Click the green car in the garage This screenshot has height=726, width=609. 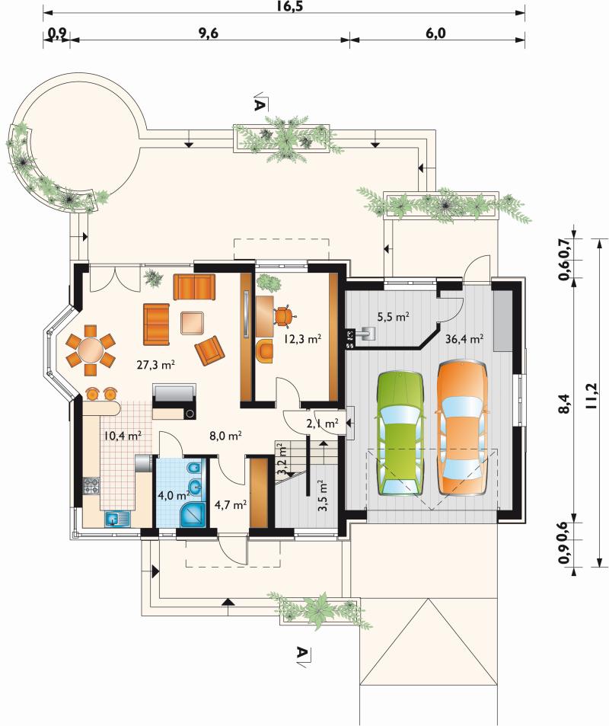point(400,433)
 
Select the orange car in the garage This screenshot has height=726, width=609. point(462,427)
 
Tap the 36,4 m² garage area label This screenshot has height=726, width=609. point(464,339)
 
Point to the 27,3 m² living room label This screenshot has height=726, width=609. point(155,365)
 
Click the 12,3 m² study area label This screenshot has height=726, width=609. point(302,339)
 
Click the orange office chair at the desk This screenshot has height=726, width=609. point(283,316)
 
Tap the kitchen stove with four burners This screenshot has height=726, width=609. point(91,486)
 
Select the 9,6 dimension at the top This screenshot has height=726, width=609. point(209,34)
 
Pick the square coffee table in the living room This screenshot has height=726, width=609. point(192,323)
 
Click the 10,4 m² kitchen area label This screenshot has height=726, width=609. point(122,435)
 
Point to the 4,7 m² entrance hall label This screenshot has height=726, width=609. point(230,504)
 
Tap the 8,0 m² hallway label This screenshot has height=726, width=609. point(225,435)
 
